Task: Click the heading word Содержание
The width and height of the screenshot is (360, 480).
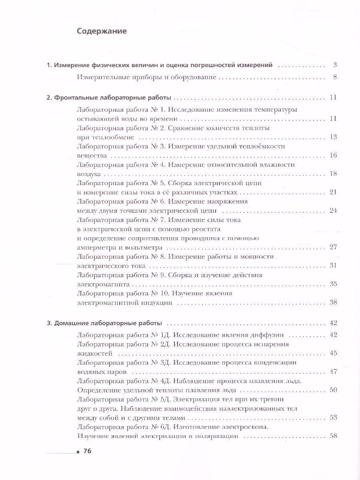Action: click(102, 31)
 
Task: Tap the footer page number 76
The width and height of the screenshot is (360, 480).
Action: click(88, 452)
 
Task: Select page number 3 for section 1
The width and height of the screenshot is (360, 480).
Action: click(335, 65)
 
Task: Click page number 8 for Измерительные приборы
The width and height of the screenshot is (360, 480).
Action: click(335, 77)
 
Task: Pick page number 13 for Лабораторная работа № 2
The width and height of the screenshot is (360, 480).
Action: click(333, 137)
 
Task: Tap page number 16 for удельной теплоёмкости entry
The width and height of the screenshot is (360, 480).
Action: click(333, 155)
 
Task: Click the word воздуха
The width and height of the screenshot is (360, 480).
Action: click(89, 174)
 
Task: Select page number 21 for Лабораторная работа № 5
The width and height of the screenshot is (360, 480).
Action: click(333, 192)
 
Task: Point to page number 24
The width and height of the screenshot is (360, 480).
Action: click(333, 211)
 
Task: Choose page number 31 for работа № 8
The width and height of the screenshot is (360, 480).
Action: click(333, 266)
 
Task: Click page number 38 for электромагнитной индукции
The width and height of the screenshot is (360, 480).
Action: click(333, 303)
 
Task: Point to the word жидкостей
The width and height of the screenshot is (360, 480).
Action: click(94, 353)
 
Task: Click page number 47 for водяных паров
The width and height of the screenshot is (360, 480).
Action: click(333, 372)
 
